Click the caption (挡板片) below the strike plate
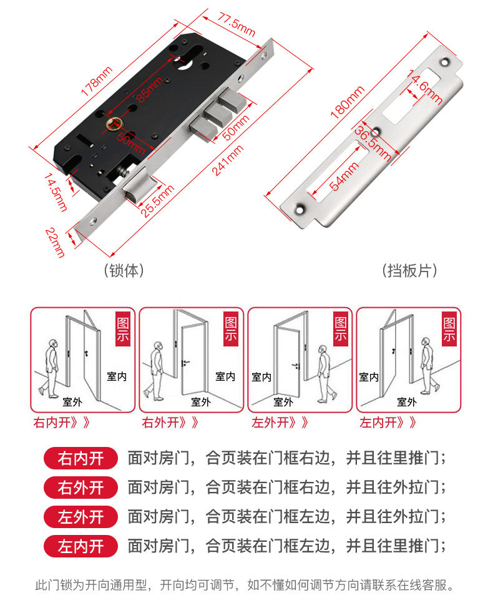click(409, 270)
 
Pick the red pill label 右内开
click(81, 458)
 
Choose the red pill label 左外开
click(81, 516)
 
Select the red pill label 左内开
click(81, 546)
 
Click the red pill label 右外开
click(81, 487)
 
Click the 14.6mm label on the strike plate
click(424, 87)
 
